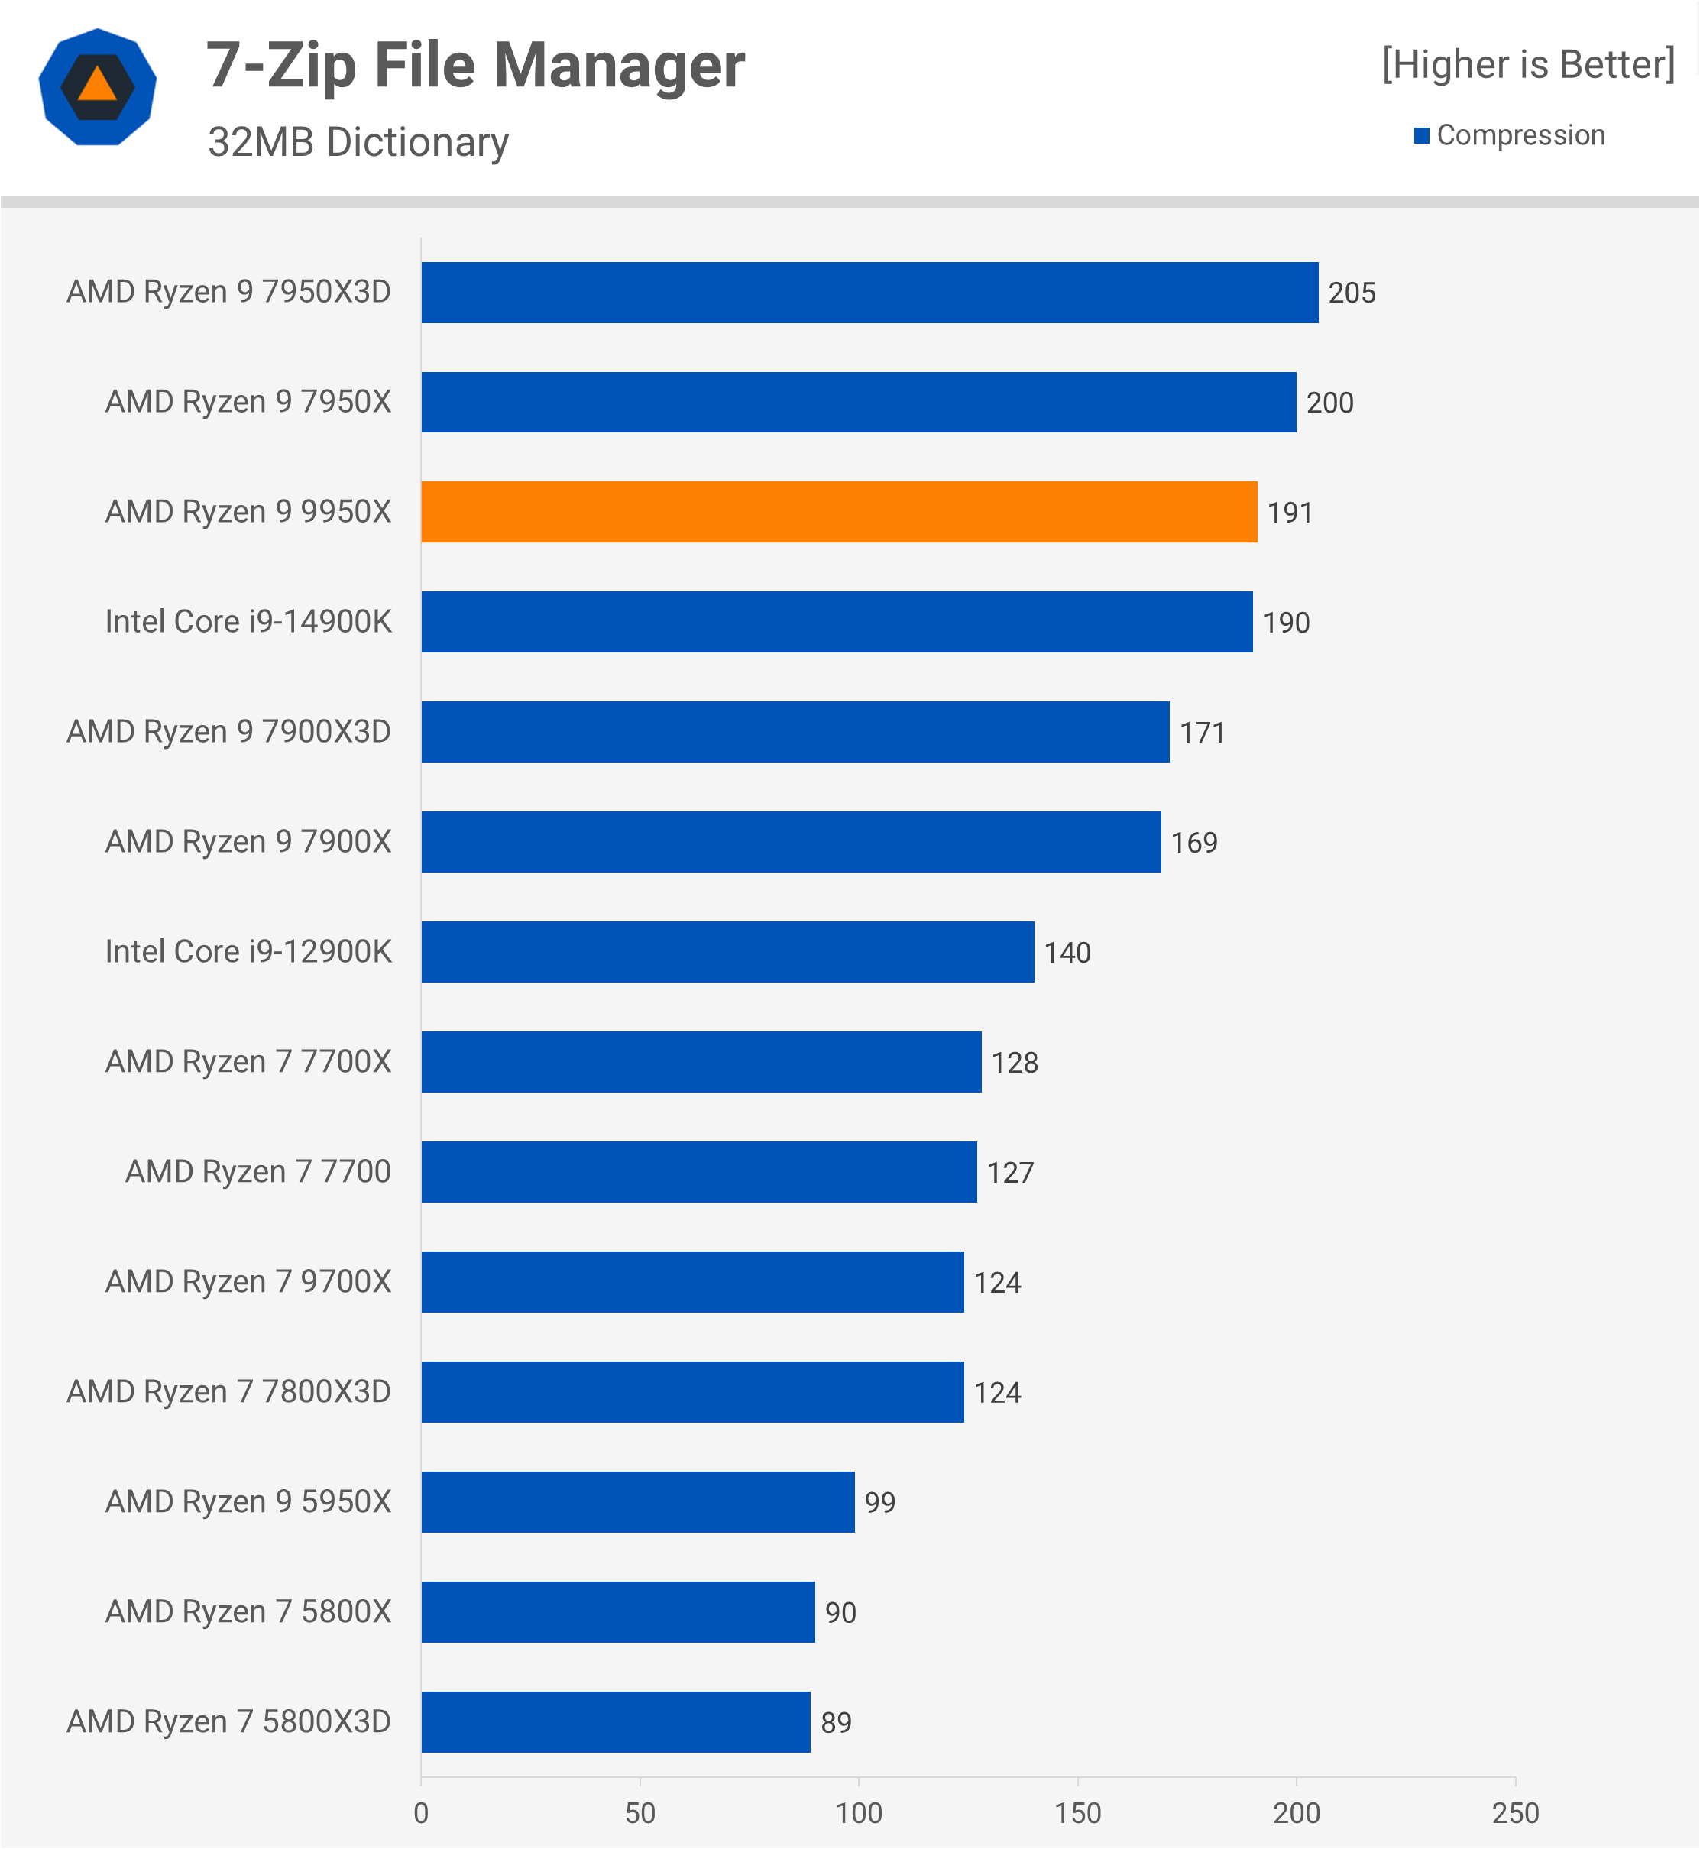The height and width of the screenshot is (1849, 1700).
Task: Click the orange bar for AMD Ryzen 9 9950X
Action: [x=839, y=511]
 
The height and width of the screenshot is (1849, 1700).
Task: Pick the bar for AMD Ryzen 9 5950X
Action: [x=637, y=1501]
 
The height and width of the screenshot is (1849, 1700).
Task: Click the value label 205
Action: [x=1352, y=293]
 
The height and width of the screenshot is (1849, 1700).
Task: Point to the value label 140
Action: [x=1067, y=952]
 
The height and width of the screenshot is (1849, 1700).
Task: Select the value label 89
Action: [x=835, y=1722]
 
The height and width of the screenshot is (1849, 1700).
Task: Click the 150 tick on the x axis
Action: [x=1077, y=1813]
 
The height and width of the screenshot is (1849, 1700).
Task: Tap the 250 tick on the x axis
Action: [x=1515, y=1813]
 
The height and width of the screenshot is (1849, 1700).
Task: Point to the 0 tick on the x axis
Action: [x=421, y=1813]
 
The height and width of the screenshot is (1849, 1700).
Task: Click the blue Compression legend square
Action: [x=1421, y=135]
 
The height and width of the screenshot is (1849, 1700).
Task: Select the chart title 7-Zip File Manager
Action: [x=474, y=66]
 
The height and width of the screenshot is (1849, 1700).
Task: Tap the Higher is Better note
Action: [x=1528, y=64]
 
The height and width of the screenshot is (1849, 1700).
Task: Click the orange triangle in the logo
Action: [x=98, y=86]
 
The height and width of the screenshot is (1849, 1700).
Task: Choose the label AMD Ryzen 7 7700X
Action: [x=248, y=1061]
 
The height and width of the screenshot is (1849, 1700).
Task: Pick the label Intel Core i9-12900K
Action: [x=248, y=951]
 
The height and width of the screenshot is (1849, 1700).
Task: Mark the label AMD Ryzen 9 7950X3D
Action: [x=229, y=292]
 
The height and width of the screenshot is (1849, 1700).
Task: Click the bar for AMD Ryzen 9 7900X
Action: [x=791, y=842]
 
